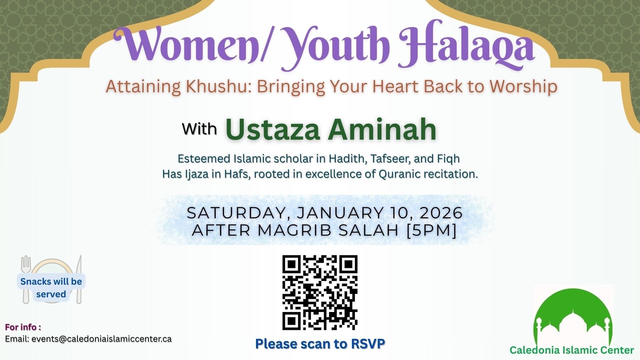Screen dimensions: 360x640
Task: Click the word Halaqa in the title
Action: coord(467,45)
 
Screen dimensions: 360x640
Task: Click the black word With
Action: coord(199,129)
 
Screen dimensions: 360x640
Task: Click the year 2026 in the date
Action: coord(441,213)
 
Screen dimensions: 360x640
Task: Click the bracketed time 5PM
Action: coord(432,230)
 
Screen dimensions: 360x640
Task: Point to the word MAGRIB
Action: coord(296,230)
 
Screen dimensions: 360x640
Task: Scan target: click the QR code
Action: coord(320,293)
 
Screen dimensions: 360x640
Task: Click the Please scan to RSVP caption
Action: coord(320,344)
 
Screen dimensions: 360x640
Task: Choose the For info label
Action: coord(23,327)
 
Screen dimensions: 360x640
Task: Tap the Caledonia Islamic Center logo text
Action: coord(572,350)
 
